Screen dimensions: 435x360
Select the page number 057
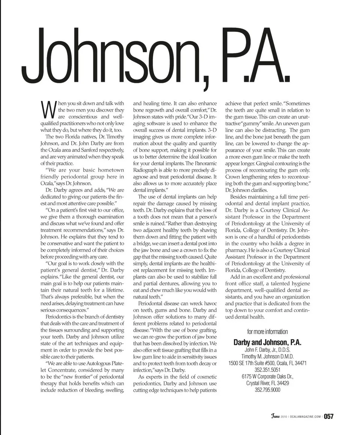329,416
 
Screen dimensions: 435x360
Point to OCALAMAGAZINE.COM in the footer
305,417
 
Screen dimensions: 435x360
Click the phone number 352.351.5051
267,370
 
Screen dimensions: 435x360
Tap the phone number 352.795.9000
267,390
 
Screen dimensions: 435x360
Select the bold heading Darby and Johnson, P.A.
267,342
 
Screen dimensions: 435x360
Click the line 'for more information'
267,331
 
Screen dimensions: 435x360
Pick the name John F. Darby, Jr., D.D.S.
267,350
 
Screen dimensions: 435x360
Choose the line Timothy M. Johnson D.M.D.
267,357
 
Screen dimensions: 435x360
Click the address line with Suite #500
267,363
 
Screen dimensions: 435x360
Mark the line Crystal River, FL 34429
267,383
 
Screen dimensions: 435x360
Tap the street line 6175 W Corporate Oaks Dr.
267,376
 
